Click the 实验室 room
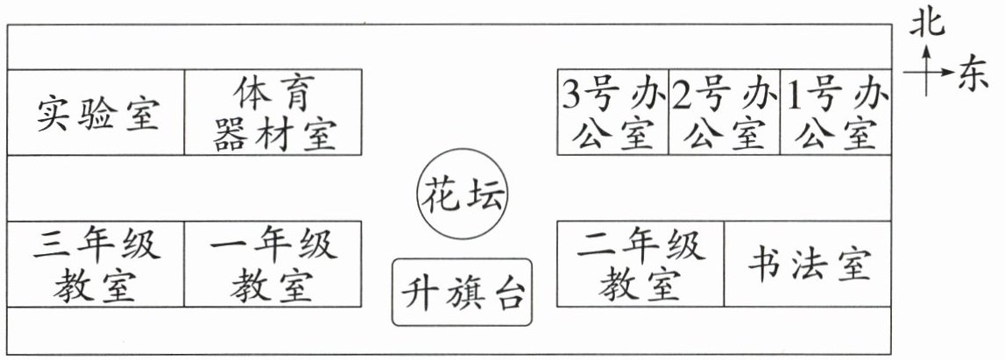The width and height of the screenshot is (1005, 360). [96, 112]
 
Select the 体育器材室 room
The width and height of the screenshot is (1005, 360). [273, 112]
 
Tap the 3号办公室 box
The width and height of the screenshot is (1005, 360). [612, 112]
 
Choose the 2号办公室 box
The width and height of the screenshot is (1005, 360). [725, 112]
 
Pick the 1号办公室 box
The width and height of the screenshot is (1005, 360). [836, 112]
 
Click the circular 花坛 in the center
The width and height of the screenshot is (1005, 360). [462, 194]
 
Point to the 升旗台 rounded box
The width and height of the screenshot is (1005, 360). [462, 292]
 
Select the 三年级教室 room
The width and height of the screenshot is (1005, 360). [96, 264]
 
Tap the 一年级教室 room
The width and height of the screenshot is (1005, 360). [273, 264]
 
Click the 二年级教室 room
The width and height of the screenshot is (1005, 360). [641, 264]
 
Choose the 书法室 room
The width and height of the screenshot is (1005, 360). [808, 264]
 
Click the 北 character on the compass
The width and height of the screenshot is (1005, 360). [926, 23]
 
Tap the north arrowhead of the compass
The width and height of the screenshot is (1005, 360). [926, 52]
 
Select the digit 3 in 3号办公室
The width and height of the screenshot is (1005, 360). [571, 95]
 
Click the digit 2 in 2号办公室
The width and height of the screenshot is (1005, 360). [682, 95]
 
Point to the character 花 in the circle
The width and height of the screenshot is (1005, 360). [441, 194]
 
